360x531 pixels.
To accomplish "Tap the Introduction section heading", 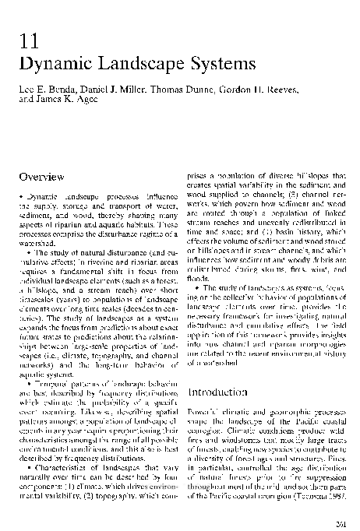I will [222, 391].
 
